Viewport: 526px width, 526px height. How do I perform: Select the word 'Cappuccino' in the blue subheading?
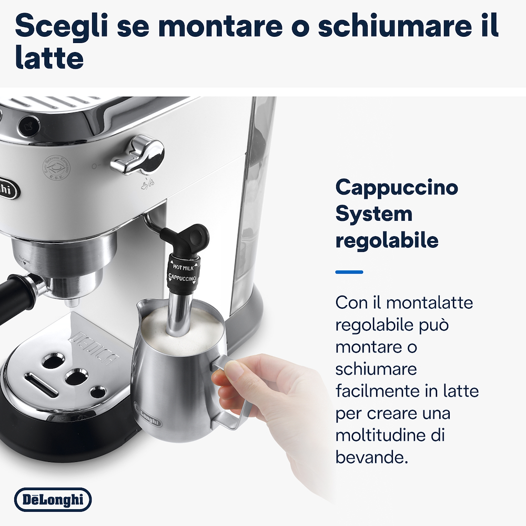coord(397,187)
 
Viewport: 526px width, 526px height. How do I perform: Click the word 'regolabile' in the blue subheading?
coord(387,240)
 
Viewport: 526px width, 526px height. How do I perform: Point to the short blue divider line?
coord(349,272)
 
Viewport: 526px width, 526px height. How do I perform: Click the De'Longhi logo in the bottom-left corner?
coord(53,500)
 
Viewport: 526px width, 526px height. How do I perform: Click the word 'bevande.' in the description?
coord(372,457)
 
